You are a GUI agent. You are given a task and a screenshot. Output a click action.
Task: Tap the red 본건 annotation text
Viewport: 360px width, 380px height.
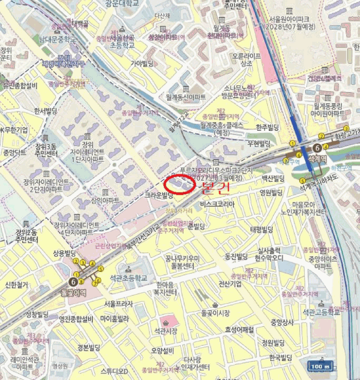pyautogui.click(x=216, y=188)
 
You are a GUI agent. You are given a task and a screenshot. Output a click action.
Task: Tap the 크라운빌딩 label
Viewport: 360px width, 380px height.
pyautogui.click(x=159, y=194)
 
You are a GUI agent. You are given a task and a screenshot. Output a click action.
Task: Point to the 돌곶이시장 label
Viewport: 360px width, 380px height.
pyautogui.click(x=216, y=313)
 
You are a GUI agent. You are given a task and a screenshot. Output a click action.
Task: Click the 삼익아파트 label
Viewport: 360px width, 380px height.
pyautogui.click(x=105, y=200)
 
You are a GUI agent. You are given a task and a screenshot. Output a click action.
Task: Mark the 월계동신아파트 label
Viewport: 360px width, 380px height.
pyautogui.click(x=186, y=97)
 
